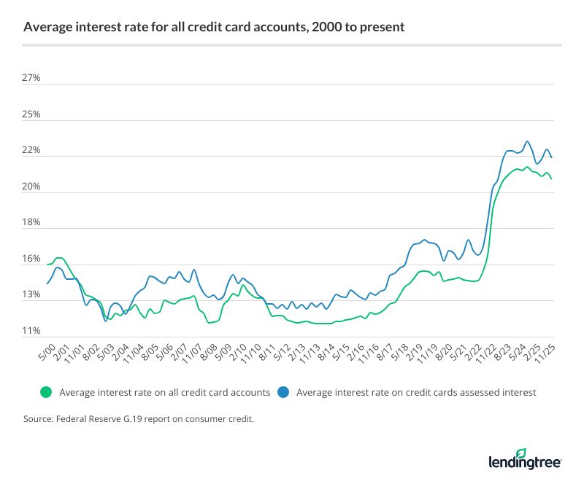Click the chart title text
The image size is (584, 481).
214,28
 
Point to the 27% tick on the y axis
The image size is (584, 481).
33,78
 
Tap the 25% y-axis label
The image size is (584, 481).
33,114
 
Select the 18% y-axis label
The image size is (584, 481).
33,223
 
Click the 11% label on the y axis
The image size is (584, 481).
33,331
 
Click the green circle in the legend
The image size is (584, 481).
47,392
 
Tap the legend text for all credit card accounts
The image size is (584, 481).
165,392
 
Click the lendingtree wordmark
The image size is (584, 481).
524,461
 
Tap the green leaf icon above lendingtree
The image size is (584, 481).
521,452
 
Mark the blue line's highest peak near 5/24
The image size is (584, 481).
527,141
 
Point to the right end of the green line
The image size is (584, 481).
551,179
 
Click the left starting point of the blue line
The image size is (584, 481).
47,283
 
